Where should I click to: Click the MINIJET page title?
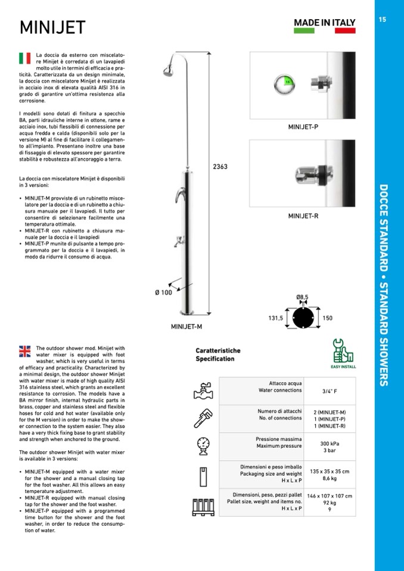coord(52,27)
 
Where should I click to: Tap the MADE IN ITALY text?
coord(325,23)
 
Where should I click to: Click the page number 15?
coord(382,20)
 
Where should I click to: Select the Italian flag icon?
coord(24,58)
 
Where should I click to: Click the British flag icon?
coord(24,351)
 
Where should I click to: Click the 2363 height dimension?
coord(220,167)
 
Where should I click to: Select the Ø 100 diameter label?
coord(163,292)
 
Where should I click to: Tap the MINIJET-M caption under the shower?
coord(187,326)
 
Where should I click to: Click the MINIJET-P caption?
coord(303,127)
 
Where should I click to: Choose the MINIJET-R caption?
coord(303,216)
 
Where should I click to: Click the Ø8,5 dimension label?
coord(302,297)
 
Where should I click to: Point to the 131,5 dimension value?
coord(275,319)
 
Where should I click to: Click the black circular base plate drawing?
coord(302,317)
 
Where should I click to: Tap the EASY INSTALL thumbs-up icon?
coord(343,351)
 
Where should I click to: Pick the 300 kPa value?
coord(330,444)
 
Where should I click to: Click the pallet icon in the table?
coord(203,506)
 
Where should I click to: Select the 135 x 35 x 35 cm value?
coord(330,471)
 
